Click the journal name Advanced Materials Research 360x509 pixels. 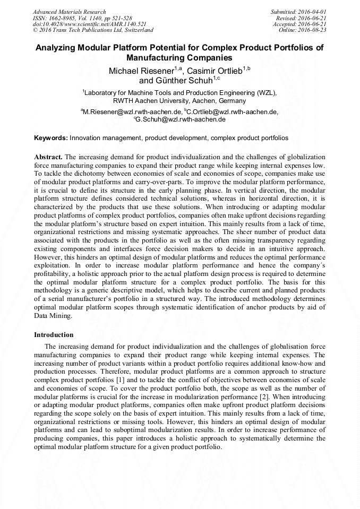click(x=69, y=12)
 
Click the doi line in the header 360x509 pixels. click(x=89, y=24)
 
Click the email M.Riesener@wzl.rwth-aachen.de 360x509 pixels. click(x=133, y=112)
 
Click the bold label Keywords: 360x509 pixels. click(x=51, y=138)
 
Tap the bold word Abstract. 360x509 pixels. click(x=48, y=157)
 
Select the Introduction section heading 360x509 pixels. click(x=54, y=335)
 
